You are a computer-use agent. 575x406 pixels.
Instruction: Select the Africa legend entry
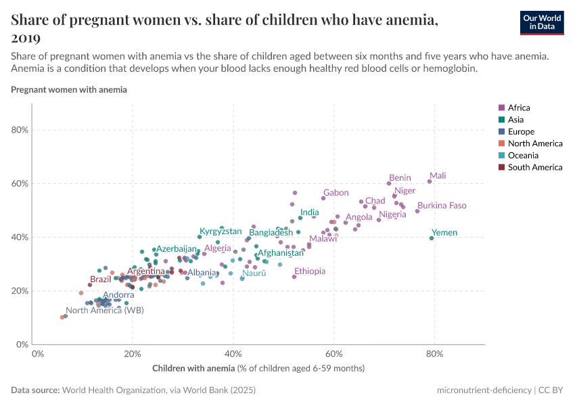pos(519,108)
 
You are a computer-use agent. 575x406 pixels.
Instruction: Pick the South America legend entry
pos(534,167)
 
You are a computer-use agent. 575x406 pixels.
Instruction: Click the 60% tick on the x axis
pos(333,354)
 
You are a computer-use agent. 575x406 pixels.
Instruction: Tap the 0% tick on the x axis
pos(38,354)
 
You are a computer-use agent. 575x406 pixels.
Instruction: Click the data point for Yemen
pos(432,238)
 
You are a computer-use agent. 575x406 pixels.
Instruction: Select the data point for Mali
pos(430,181)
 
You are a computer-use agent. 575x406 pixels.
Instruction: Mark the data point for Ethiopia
pos(294,277)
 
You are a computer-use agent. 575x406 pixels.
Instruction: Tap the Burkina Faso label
pos(442,206)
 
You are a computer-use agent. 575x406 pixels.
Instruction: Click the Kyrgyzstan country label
pos(221,231)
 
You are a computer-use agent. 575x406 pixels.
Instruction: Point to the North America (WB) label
pos(104,311)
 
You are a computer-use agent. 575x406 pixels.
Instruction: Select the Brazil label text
pos(101,279)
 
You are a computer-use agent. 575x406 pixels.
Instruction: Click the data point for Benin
pos(389,183)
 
